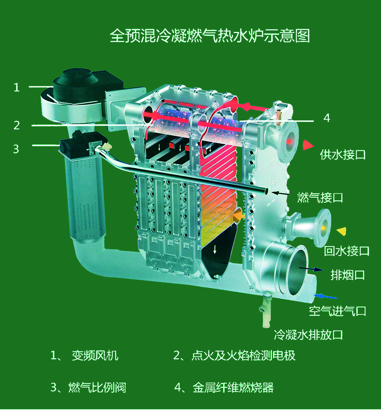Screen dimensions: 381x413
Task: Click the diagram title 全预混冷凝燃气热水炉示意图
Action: click(210, 36)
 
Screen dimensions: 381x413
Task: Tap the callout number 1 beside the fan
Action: click(16, 87)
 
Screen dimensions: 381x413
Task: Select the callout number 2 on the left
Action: click(16, 125)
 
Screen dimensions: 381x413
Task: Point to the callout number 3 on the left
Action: click(16, 149)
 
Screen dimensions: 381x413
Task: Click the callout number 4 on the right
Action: click(327, 118)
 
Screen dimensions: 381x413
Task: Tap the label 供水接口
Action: click(343, 155)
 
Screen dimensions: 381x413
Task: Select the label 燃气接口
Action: click(320, 198)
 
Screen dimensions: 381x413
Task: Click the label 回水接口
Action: click(346, 251)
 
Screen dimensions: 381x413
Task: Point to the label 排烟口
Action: click(348, 275)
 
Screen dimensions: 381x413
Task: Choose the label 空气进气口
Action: click(337, 311)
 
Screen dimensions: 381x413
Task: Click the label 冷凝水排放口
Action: click(308, 335)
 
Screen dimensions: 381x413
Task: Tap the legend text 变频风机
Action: click(95, 356)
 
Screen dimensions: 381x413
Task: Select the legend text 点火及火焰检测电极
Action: click(243, 356)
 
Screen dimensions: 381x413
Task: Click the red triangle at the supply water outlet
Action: click(308, 145)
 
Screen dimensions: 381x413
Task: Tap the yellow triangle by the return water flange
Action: click(342, 231)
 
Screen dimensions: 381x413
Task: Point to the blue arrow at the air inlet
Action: click(325, 297)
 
